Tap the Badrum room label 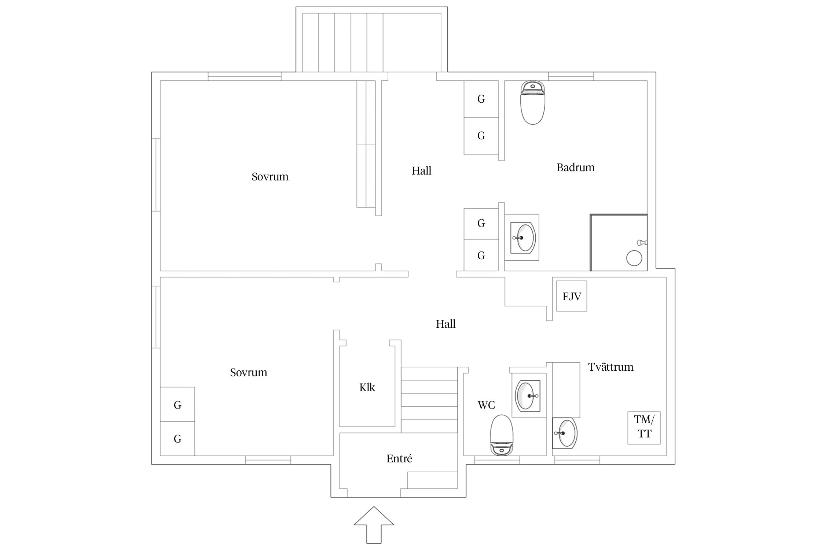575,168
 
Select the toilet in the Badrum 532,103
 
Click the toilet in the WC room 502,435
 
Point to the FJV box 572,296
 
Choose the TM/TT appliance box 644,428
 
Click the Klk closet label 367,388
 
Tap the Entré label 399,459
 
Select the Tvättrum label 610,367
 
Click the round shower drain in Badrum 634,258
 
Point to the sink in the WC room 528,396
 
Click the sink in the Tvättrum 565,433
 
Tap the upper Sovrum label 270,177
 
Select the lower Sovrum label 248,373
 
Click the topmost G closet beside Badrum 481,99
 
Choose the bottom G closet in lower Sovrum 177,439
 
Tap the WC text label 486,405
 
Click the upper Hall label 421,171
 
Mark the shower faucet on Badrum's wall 642,242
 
